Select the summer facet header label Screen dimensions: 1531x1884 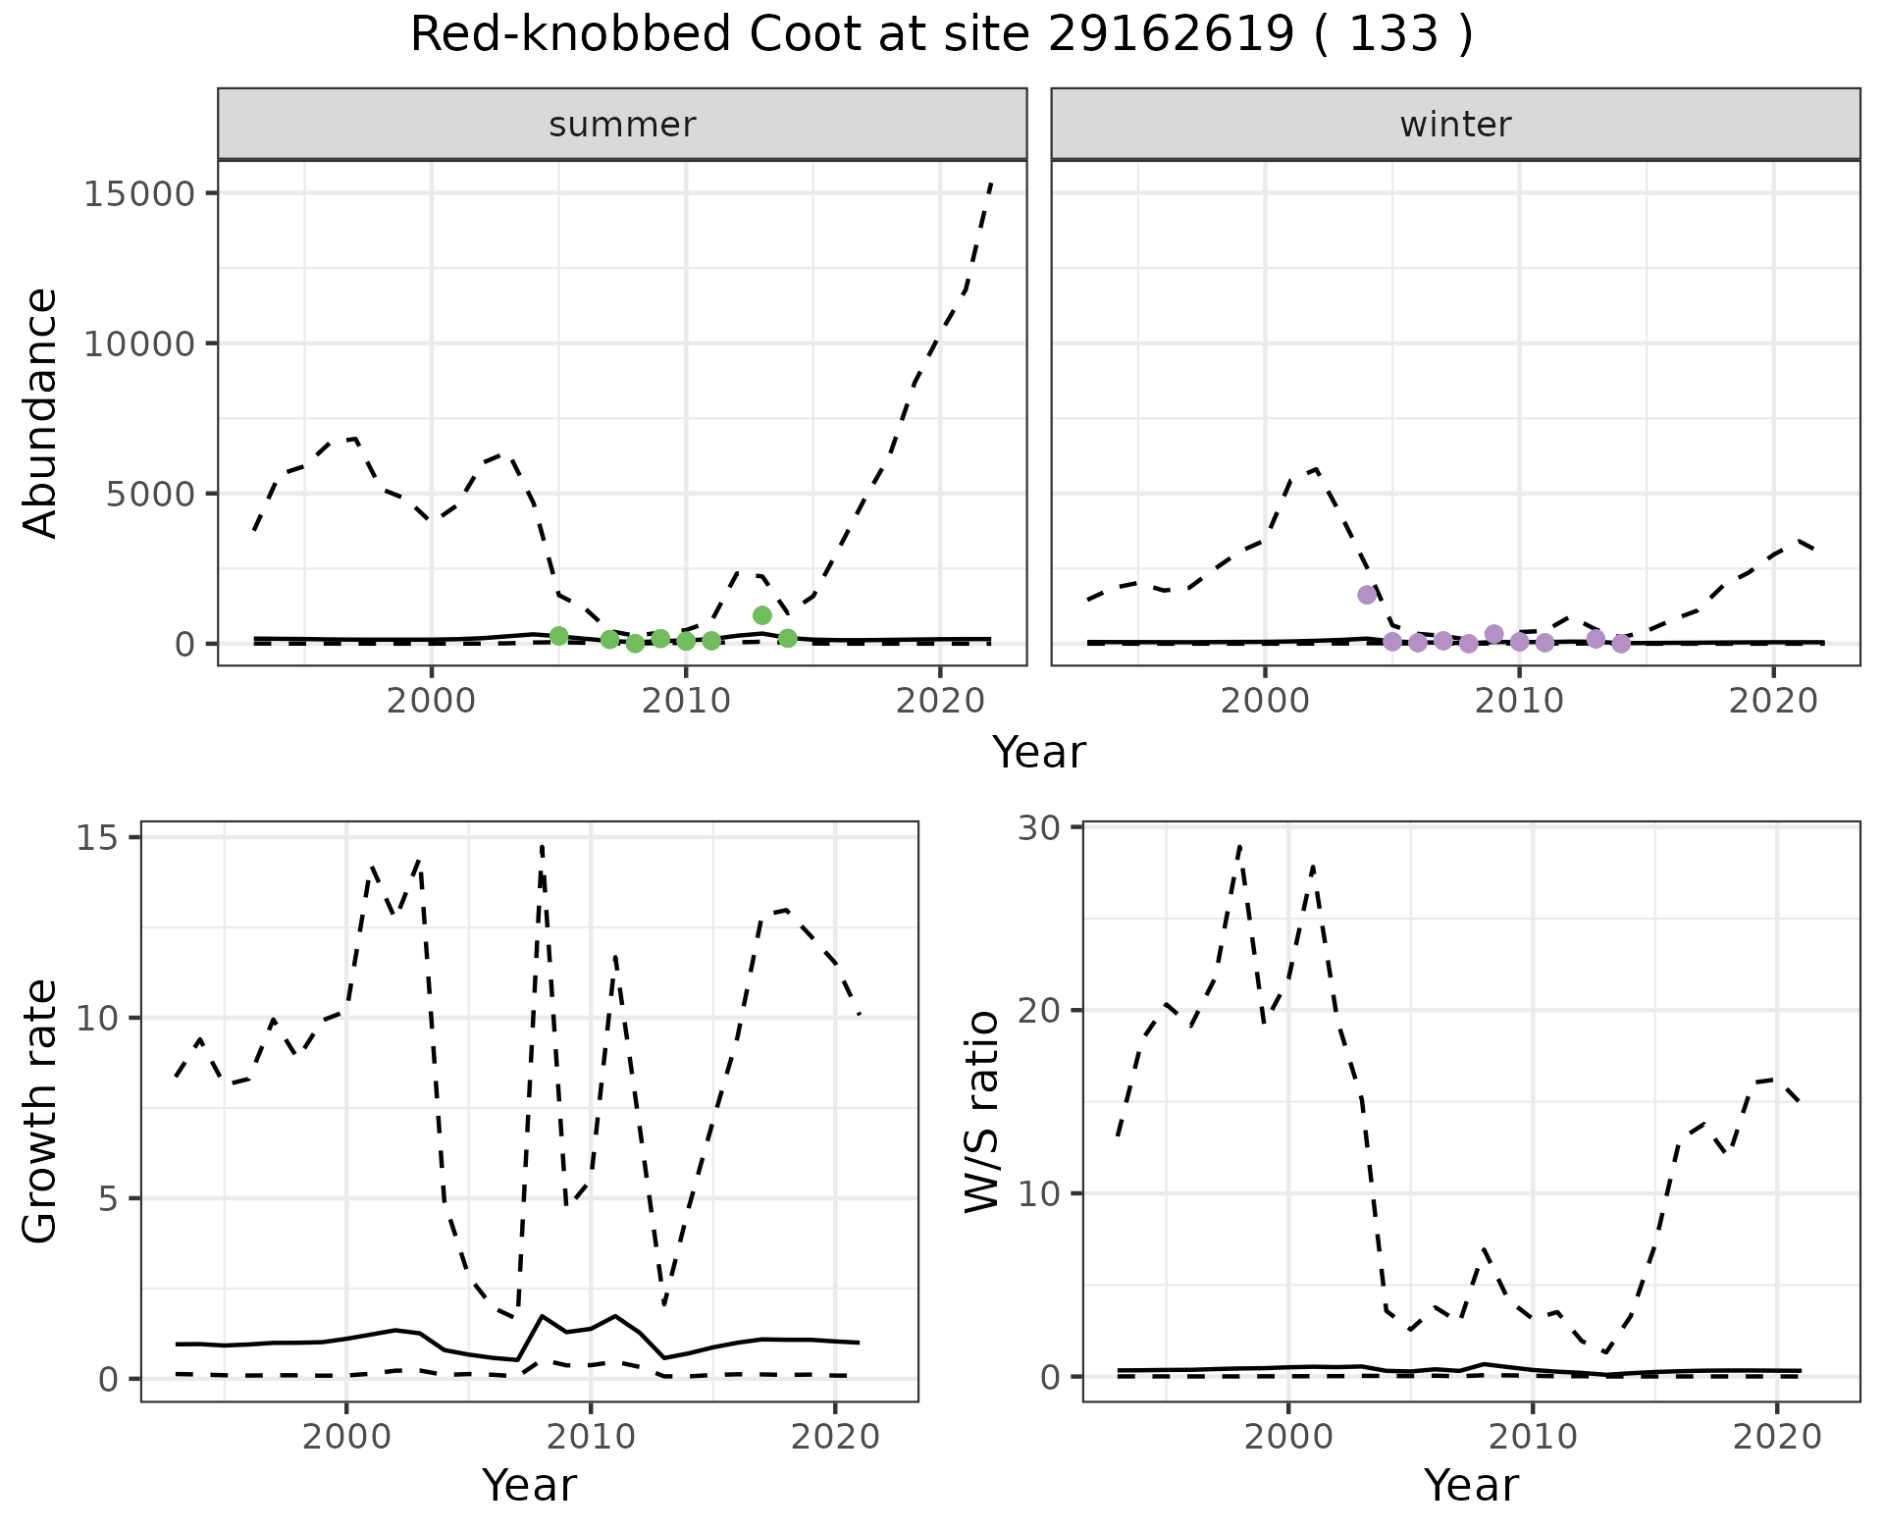(622, 125)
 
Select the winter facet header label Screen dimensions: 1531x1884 (1455, 125)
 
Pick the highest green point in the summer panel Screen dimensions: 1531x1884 (762, 615)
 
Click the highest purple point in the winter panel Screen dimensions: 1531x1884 (1367, 595)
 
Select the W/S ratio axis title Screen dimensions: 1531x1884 (982, 1111)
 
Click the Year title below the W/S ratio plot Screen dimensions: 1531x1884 (1471, 1486)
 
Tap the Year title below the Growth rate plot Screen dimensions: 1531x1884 (529, 1486)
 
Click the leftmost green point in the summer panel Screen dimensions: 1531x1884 (559, 636)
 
